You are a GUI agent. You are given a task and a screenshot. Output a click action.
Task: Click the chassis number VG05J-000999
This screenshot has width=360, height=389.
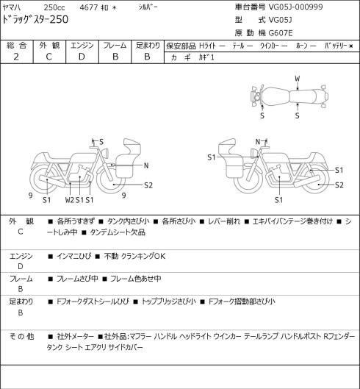click(x=296, y=7)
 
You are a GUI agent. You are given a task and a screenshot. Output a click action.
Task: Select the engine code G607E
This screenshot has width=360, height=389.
click(x=281, y=33)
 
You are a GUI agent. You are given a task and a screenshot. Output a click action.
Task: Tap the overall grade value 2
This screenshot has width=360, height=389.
click(x=16, y=57)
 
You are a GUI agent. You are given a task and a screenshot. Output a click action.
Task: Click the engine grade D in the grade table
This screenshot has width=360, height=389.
click(x=82, y=57)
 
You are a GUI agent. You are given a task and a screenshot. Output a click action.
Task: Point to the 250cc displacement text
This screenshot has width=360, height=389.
click(x=54, y=7)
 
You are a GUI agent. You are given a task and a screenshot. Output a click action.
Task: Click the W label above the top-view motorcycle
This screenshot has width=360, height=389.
click(x=298, y=79)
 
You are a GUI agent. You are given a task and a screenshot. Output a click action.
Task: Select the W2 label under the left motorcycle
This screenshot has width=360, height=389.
click(x=70, y=200)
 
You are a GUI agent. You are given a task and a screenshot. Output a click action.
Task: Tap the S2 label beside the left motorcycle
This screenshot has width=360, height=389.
click(x=148, y=185)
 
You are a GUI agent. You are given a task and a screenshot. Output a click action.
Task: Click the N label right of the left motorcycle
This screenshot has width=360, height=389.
click(x=146, y=165)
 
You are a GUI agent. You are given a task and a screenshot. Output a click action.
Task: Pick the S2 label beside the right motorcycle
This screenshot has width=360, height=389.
click(x=339, y=185)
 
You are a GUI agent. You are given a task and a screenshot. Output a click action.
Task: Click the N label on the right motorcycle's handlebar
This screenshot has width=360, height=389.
click(x=258, y=142)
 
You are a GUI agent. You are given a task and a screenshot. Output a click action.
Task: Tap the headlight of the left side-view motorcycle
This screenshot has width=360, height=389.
click(x=106, y=152)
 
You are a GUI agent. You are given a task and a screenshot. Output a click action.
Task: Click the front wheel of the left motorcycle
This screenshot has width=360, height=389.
click(x=111, y=179)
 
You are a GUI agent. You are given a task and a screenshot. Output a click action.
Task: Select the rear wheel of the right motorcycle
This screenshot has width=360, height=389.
click(x=315, y=179)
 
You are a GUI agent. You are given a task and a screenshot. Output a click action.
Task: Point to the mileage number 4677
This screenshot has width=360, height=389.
click(x=89, y=7)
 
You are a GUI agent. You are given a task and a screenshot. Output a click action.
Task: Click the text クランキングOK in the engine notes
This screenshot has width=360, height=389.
click(x=143, y=256)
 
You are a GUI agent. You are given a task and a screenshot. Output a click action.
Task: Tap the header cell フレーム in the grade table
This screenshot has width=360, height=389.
click(x=115, y=46)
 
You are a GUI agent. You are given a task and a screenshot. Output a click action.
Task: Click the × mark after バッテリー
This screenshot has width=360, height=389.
click(x=351, y=46)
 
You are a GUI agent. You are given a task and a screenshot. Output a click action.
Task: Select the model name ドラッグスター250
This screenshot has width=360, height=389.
click(x=35, y=20)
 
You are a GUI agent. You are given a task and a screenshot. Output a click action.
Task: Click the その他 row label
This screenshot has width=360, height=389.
click(x=21, y=337)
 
